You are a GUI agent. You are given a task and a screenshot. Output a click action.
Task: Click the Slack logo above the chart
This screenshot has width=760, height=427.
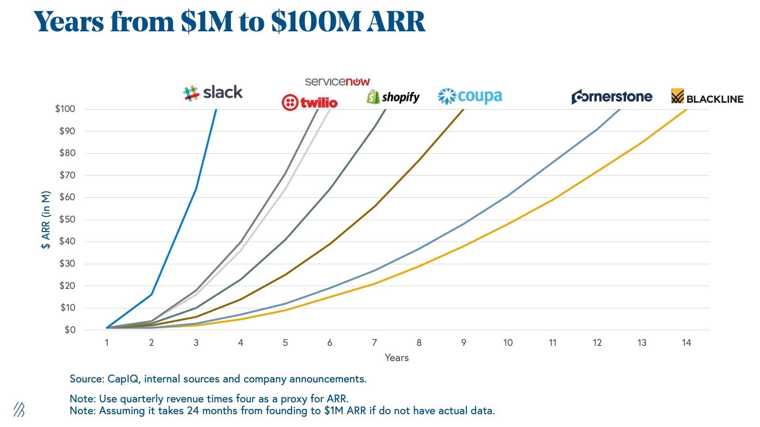pyautogui.click(x=213, y=93)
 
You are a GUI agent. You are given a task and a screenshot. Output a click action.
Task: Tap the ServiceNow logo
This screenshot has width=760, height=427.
pyautogui.click(x=337, y=82)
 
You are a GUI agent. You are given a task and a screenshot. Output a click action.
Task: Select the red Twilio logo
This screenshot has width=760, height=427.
pyautogui.click(x=309, y=102)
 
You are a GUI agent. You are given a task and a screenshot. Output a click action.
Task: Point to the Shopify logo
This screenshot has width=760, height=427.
pyautogui.click(x=393, y=97)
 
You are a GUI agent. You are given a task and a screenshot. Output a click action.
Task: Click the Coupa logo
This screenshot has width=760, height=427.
pyautogui.click(x=470, y=96)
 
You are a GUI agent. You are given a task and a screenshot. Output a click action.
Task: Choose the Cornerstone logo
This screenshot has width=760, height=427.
pyautogui.click(x=612, y=97)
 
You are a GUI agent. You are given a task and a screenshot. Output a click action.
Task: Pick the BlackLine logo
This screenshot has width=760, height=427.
pyautogui.click(x=707, y=97)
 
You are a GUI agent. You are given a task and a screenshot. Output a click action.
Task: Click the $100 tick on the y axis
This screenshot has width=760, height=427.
pyautogui.click(x=65, y=109)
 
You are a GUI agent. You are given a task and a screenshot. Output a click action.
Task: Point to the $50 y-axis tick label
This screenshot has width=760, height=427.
pyautogui.click(x=67, y=219)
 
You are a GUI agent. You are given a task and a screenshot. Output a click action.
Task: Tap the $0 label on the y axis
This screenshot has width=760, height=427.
pyautogui.click(x=70, y=330)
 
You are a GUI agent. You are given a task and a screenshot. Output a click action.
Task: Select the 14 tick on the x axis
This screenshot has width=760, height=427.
pyautogui.click(x=686, y=343)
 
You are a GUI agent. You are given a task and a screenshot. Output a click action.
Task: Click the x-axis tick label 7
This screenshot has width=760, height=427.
pyautogui.click(x=374, y=343)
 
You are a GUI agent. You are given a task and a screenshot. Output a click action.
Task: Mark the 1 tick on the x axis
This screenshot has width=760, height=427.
pyautogui.click(x=107, y=343)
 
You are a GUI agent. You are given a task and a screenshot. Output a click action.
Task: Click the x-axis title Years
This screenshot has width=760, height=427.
pyautogui.click(x=397, y=358)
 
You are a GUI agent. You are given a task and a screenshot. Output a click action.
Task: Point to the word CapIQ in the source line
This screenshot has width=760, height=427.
pyautogui.click(x=123, y=379)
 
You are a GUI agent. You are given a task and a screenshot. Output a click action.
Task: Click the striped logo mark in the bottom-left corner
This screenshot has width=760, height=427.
pyautogui.click(x=19, y=409)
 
